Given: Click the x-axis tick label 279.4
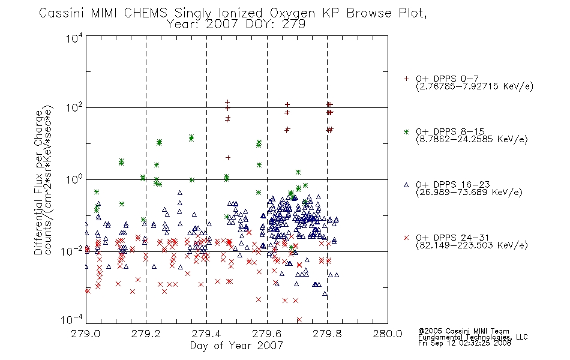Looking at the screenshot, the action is click(x=206, y=334).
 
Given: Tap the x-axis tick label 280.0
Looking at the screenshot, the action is click(x=388, y=334).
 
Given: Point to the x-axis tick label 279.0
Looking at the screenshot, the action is click(x=86, y=334).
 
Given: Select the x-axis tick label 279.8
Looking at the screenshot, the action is click(x=327, y=334).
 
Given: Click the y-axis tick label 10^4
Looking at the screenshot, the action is click(x=74, y=38).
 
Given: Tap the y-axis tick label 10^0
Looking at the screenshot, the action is click(x=74, y=179).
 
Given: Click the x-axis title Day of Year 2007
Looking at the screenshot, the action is click(x=236, y=346).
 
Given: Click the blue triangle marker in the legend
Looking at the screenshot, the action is click(x=406, y=185).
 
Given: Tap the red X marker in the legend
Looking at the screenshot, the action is click(x=406, y=238).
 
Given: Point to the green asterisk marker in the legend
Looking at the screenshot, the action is click(x=406, y=132).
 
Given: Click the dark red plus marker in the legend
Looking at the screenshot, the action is click(x=406, y=79).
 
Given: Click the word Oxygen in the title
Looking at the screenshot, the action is click(x=292, y=13).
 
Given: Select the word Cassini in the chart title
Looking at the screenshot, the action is click(x=62, y=13).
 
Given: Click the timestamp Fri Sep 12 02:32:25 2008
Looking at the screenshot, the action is click(x=464, y=343).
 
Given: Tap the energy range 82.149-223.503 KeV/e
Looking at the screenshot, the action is click(x=472, y=245).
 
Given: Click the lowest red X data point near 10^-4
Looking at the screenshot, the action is click(x=299, y=320).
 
